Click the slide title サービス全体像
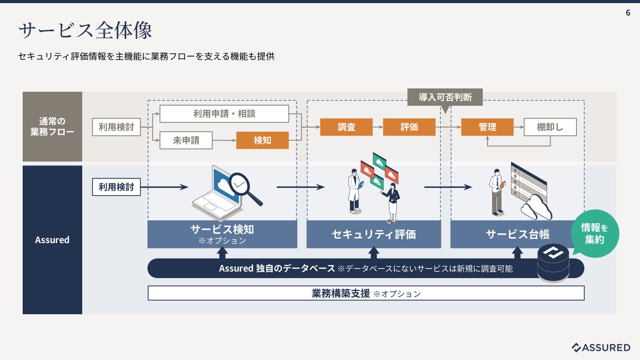click(x=85, y=30)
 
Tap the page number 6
click(x=628, y=13)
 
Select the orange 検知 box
click(x=262, y=140)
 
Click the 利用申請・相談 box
click(x=224, y=114)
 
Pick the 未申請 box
click(x=186, y=140)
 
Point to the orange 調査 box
click(x=346, y=127)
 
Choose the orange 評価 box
click(x=409, y=127)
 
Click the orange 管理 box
click(x=487, y=127)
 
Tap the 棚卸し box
click(x=550, y=127)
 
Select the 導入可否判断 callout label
click(x=445, y=97)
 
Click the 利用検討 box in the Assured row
click(x=116, y=187)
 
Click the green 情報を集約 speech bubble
click(x=595, y=234)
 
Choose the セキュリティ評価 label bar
click(x=373, y=234)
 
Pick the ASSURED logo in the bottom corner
click(x=600, y=348)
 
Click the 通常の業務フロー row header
click(x=52, y=127)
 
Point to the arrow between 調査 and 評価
click(x=378, y=127)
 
